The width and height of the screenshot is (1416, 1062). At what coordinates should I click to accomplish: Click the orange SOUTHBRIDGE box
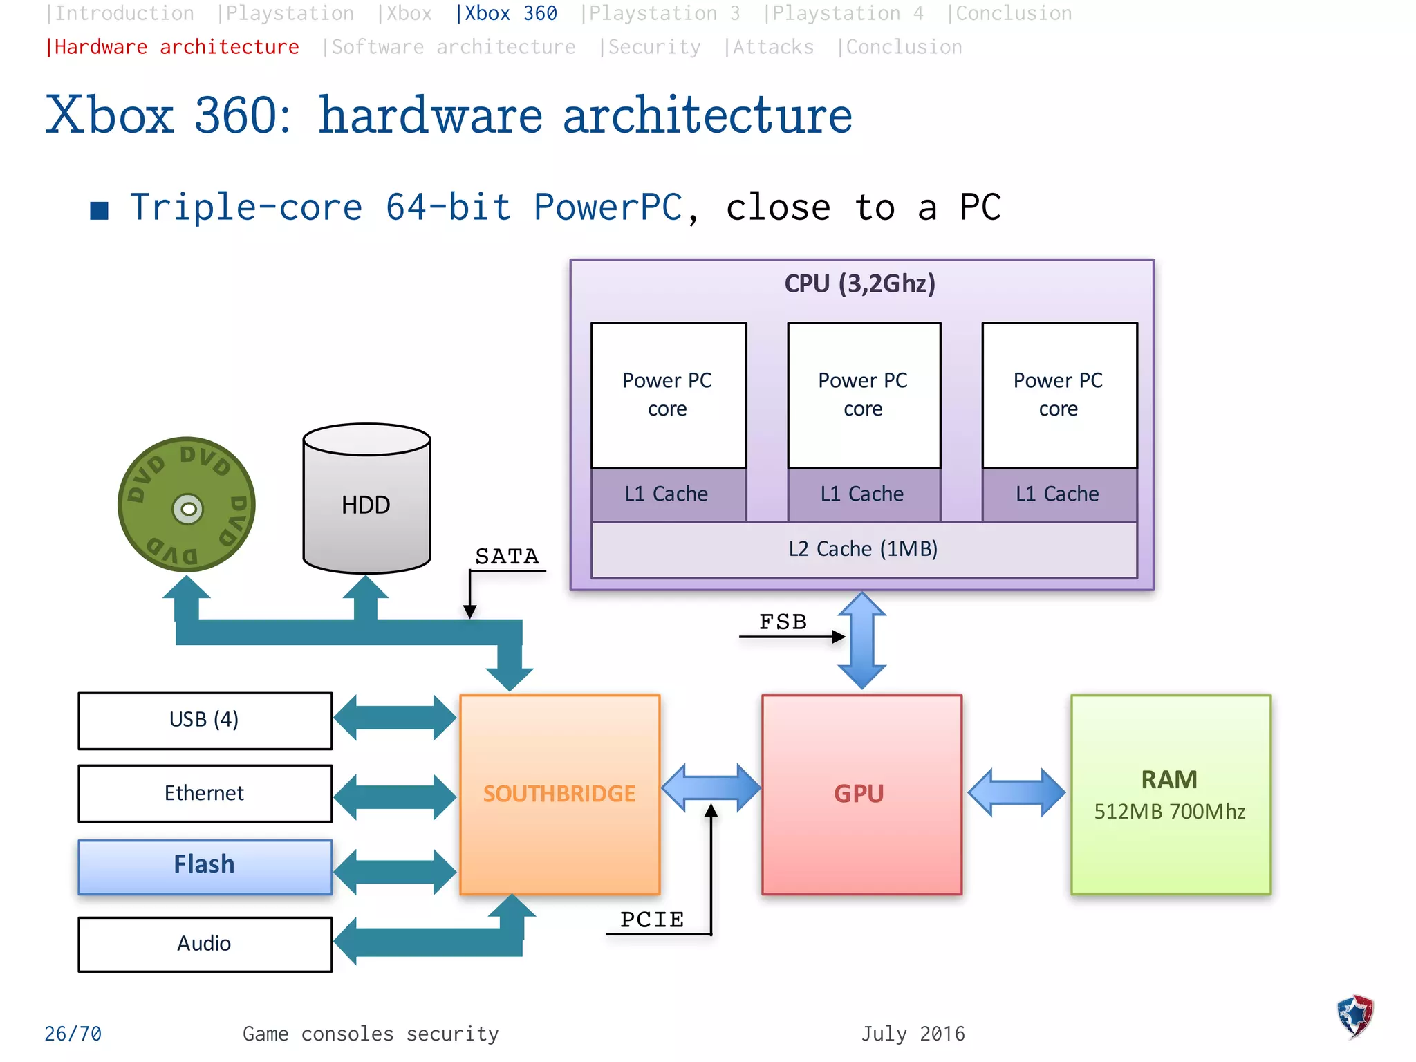click(x=559, y=794)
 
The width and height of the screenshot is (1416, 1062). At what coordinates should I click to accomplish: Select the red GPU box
click(x=861, y=794)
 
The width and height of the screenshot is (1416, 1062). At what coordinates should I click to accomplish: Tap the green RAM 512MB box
click(x=1170, y=794)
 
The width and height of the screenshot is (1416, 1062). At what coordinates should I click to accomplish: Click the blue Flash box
click(x=205, y=866)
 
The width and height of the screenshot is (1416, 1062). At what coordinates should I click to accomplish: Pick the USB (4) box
click(x=205, y=720)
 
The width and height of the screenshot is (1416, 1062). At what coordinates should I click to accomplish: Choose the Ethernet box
click(x=205, y=793)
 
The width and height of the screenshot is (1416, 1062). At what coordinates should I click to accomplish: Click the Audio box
click(x=205, y=944)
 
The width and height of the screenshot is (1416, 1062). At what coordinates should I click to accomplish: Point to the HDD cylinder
click(x=366, y=505)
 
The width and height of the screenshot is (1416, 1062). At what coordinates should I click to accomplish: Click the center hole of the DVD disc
click(x=187, y=510)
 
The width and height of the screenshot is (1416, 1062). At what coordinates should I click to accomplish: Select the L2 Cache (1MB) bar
click(x=864, y=550)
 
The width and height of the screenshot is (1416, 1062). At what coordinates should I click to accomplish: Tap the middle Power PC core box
click(x=864, y=395)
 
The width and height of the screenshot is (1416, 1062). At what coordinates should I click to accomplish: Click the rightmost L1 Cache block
click(x=1059, y=494)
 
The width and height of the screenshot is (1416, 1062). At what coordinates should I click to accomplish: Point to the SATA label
click(x=507, y=557)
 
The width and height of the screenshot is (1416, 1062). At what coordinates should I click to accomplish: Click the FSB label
click(x=783, y=622)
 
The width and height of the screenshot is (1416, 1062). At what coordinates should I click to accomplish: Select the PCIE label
click(x=651, y=920)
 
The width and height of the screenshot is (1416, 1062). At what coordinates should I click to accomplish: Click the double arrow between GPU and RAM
click(x=1016, y=792)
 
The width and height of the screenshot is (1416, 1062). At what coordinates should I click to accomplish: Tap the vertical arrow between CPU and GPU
click(x=861, y=640)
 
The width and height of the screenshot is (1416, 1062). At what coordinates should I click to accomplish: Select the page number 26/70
click(x=73, y=1034)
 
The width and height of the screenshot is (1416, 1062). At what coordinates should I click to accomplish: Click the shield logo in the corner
click(x=1355, y=1016)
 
